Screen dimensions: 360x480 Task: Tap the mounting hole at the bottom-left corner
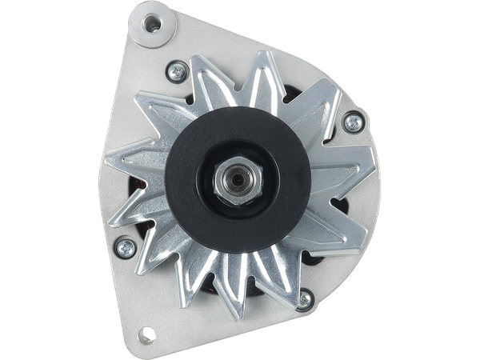point(148,332)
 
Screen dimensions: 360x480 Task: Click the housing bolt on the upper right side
point(351,122)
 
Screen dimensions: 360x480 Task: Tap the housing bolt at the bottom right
point(304,300)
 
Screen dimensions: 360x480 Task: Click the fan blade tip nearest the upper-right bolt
point(336,100)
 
